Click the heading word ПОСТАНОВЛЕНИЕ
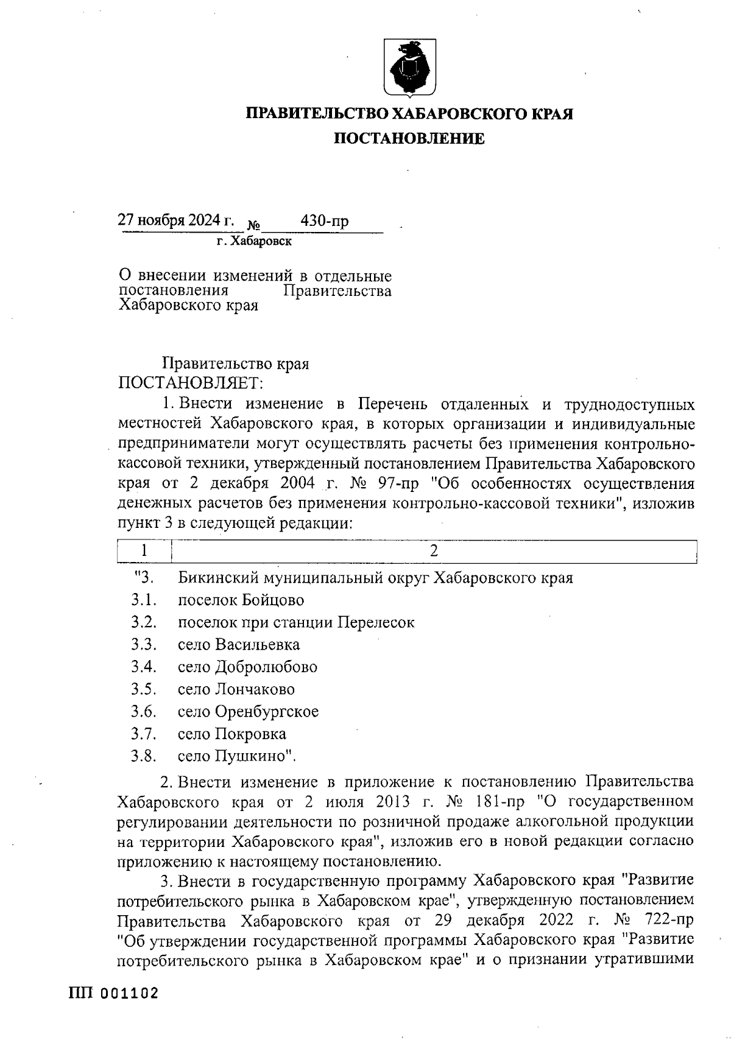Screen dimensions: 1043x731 [409, 139]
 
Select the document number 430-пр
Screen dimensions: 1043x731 [325, 222]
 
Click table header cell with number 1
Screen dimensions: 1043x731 [144, 551]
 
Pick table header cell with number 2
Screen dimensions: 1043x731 [434, 551]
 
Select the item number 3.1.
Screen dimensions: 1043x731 [144, 600]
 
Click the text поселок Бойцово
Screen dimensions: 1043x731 [241, 600]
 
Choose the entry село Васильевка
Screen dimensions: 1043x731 [238, 645]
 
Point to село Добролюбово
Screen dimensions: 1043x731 [247, 667]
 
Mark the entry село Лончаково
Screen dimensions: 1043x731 [236, 689]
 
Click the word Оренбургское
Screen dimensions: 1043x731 [266, 712]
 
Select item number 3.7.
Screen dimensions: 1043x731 [144, 734]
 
